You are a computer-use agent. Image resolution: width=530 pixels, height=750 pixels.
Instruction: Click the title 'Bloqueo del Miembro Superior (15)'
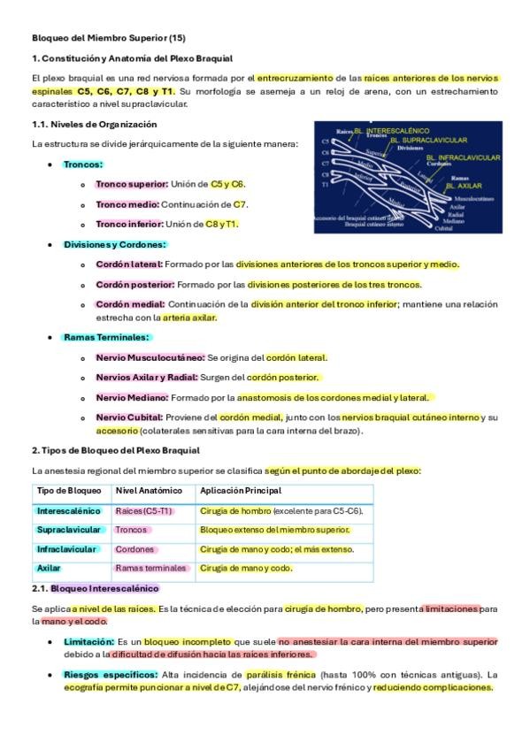[x=108, y=39]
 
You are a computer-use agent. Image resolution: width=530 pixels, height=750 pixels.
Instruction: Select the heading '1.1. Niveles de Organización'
[x=94, y=124]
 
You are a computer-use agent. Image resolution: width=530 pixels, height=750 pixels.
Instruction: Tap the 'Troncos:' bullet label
[x=83, y=165]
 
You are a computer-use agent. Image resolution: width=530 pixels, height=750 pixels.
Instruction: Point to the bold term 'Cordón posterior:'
[x=135, y=285]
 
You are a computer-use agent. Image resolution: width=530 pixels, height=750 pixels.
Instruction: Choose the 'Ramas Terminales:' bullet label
[x=106, y=337]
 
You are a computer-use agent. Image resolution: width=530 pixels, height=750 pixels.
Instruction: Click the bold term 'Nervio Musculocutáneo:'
[x=150, y=357]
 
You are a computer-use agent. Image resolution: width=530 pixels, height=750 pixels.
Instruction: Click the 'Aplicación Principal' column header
[x=241, y=491]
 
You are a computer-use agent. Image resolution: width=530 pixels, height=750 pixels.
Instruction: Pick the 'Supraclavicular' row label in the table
[x=70, y=530]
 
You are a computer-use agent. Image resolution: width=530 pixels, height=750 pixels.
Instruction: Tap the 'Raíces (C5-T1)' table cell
[x=144, y=511]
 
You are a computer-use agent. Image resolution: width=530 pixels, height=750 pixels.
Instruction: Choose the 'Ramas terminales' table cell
[x=151, y=568]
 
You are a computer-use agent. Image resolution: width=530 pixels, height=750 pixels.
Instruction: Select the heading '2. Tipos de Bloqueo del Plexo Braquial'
[x=116, y=450]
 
